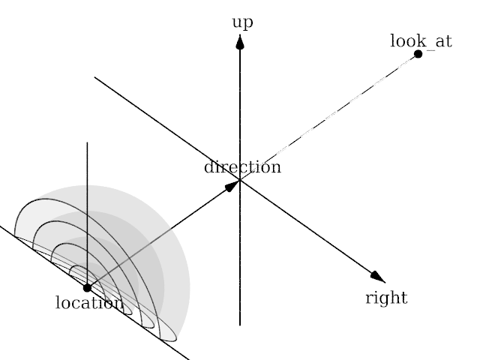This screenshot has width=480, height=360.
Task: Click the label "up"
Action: (241, 22)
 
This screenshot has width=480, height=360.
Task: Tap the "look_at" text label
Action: (421, 40)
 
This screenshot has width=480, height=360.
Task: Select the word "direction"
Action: (242, 167)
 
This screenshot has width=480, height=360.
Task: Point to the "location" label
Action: (89, 303)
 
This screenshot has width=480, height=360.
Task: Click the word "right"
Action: (386, 298)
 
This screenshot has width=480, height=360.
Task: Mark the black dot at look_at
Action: (418, 54)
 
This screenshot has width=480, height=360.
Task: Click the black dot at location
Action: (87, 287)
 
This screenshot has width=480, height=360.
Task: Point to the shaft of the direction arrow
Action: (161, 235)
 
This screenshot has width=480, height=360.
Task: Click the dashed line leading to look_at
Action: (330, 115)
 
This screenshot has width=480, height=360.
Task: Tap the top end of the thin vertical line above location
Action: (87, 142)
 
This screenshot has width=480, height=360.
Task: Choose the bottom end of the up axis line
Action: (240, 325)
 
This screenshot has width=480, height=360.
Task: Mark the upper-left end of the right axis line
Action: (94, 76)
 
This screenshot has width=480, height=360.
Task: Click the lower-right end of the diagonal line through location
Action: (188, 359)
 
